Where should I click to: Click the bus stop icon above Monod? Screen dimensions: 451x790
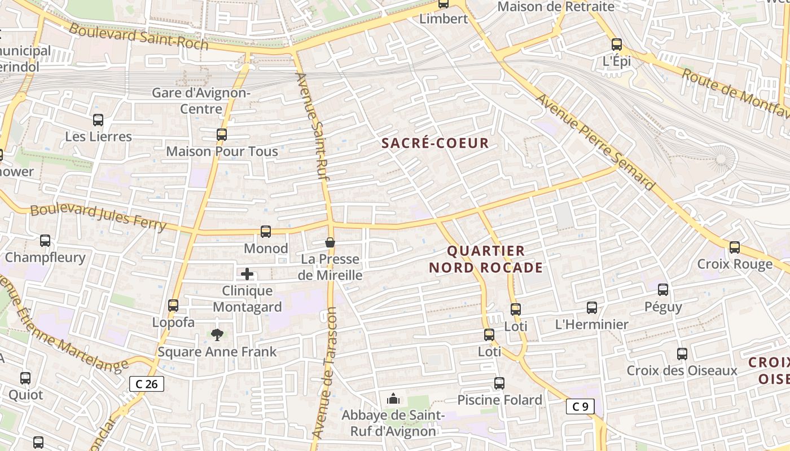coord(265,231)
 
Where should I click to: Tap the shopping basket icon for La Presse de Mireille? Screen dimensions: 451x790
coord(330,242)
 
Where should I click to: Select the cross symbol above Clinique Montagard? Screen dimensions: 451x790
coord(247,275)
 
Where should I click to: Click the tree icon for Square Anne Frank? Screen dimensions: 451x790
coord(217,335)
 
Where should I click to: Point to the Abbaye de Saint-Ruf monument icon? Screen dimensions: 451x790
coord(393,399)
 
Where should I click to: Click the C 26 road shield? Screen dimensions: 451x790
coord(147,384)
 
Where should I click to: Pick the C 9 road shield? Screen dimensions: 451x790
coord(580,406)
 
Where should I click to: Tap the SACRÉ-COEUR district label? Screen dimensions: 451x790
coord(435,143)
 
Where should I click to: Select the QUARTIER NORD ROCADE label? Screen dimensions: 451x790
coord(486,259)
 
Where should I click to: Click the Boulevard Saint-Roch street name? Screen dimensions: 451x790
coord(138,37)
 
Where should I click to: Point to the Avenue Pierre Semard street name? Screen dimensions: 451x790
coord(595,142)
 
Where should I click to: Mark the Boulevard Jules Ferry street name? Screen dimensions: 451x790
coord(98,218)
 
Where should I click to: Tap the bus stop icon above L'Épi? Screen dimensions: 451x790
coord(617,45)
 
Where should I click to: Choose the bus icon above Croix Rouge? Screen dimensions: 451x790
coord(735,247)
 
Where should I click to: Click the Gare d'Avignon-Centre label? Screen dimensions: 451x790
coord(201,100)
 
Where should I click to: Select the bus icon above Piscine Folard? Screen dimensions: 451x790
coord(499,383)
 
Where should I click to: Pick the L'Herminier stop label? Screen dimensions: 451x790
coord(591,324)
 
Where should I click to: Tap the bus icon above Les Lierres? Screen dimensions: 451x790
coord(98,120)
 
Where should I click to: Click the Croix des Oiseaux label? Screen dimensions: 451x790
coord(682,370)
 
